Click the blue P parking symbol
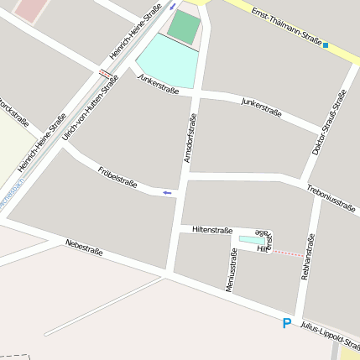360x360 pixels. [x=287, y=323]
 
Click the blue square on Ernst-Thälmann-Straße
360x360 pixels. [x=326, y=45]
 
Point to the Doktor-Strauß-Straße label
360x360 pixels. [x=329, y=123]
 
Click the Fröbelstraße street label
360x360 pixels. [x=117, y=176]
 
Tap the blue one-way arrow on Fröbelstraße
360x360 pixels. [x=168, y=193]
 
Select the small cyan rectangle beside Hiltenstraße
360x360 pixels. [x=251, y=241]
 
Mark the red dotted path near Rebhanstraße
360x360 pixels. [x=288, y=253]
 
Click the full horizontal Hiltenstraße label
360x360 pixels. [x=212, y=229]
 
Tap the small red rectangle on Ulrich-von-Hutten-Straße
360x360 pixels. [x=105, y=73]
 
